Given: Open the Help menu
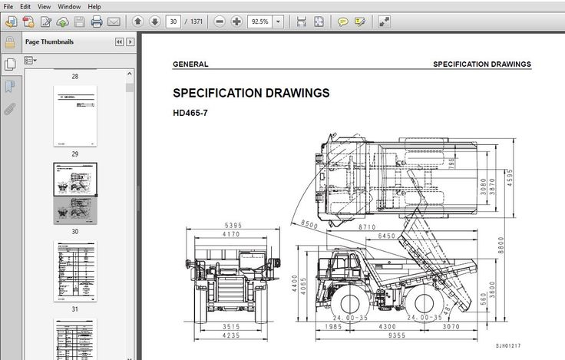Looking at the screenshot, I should pyautogui.click(x=94, y=6).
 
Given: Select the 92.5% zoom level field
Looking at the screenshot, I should pyautogui.click(x=259, y=21).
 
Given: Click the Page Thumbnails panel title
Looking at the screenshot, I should pyautogui.click(x=49, y=41).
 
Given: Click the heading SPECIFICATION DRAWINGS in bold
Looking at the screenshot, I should pyautogui.click(x=251, y=93).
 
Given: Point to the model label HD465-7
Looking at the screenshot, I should pyautogui.click(x=190, y=113).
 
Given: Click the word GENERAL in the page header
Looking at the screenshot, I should pyautogui.click(x=190, y=64).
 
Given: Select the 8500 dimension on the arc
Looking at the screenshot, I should pyautogui.click(x=309, y=224).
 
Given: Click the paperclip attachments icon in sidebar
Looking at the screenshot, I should pyautogui.click(x=9, y=109).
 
